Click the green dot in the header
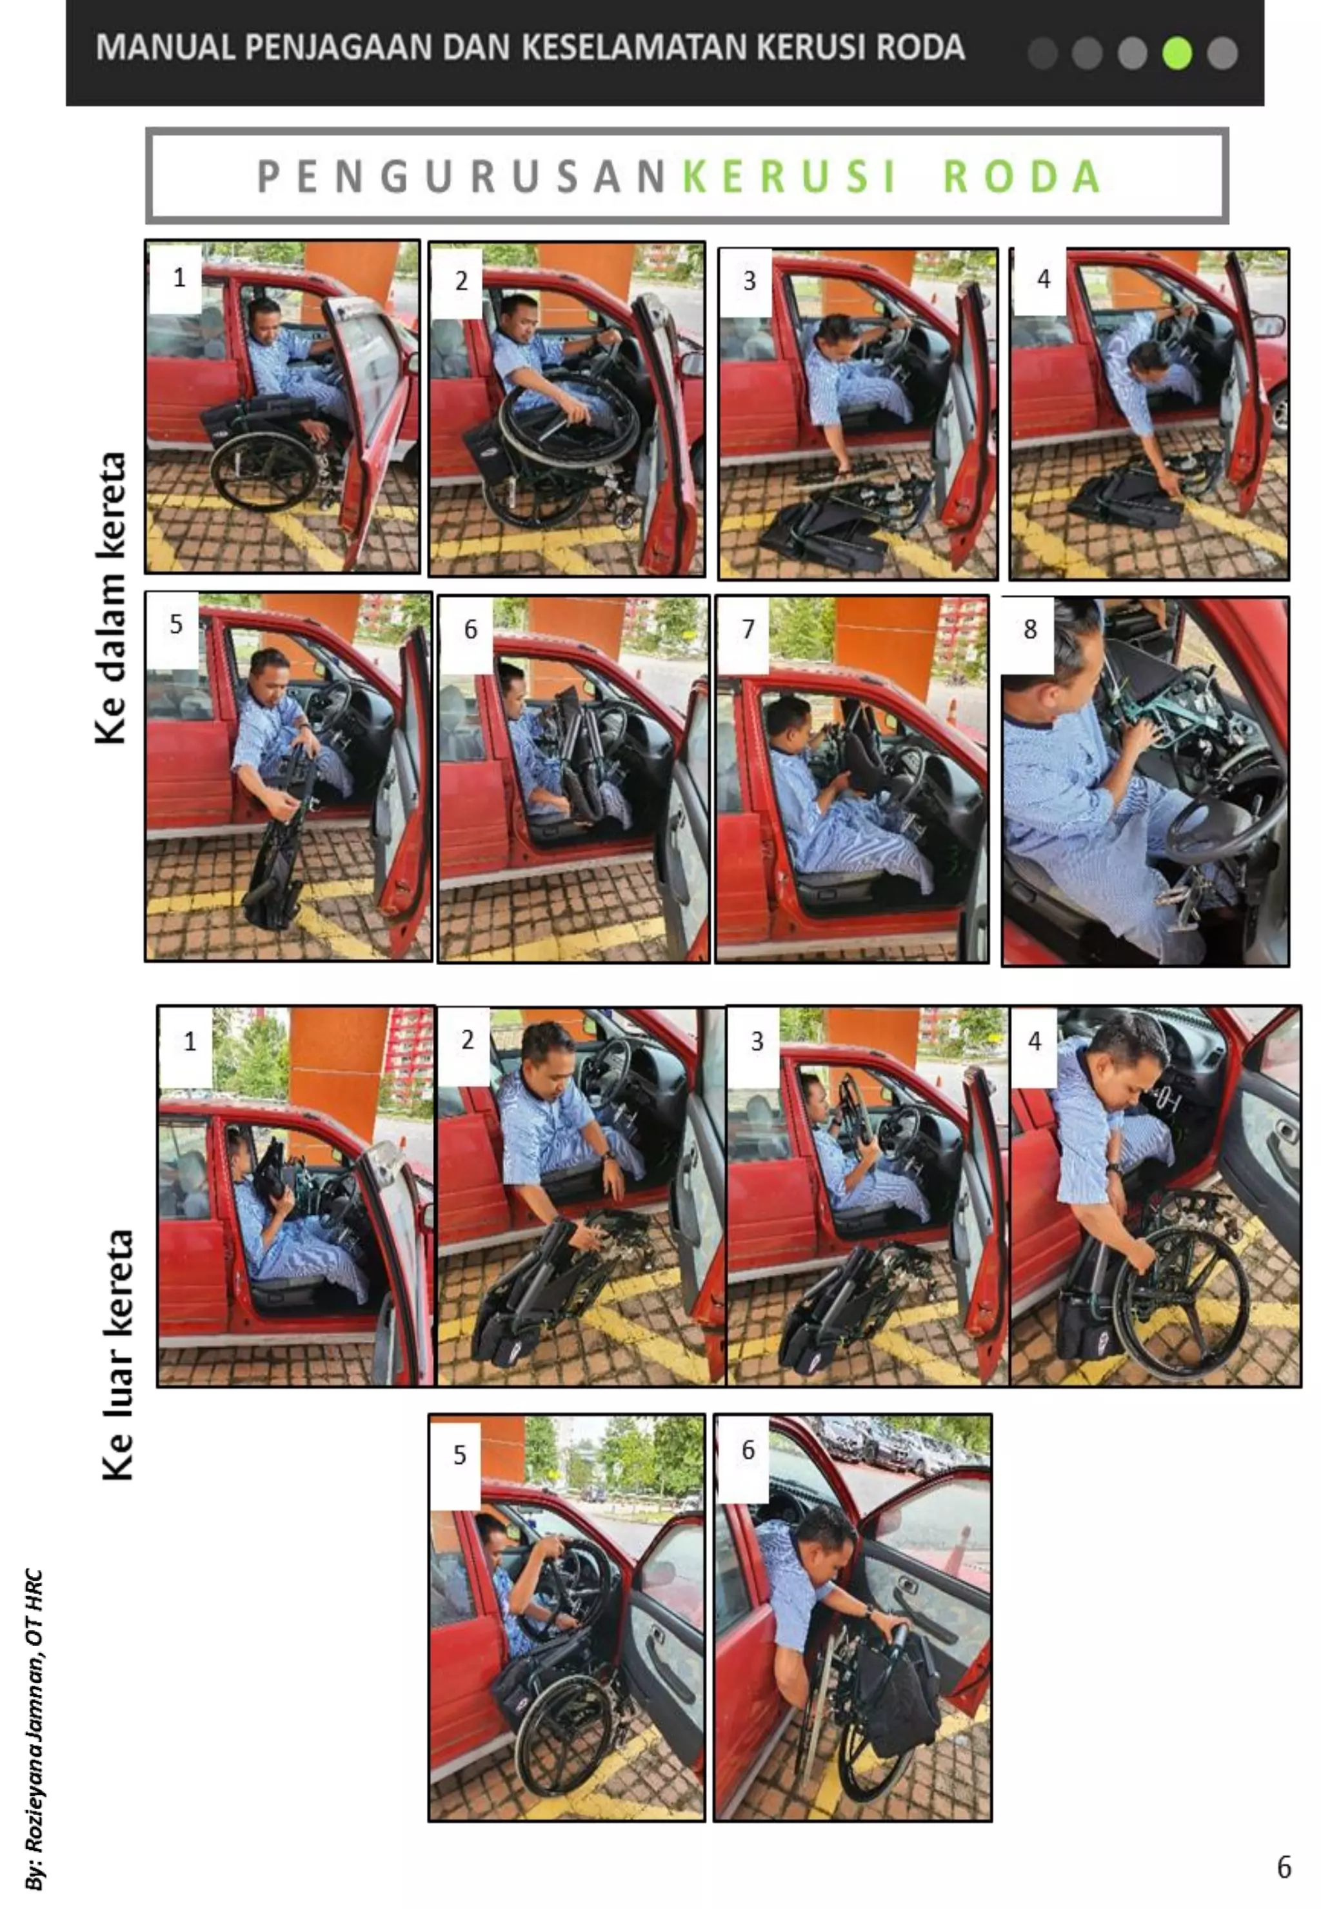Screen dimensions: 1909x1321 tap(1176, 53)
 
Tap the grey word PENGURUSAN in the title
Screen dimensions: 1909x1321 tap(461, 176)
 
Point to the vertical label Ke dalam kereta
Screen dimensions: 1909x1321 tap(110, 597)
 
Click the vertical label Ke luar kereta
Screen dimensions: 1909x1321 tap(117, 1355)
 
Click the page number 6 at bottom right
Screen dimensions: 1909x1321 tap(1284, 1867)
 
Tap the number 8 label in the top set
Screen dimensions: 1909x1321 tap(1029, 630)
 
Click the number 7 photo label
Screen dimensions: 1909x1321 tap(748, 630)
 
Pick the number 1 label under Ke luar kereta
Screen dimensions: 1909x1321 tap(190, 1041)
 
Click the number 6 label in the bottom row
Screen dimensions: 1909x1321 tap(748, 1450)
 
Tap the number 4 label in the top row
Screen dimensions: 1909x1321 tap(1044, 280)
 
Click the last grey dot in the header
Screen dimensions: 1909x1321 tap(1222, 53)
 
